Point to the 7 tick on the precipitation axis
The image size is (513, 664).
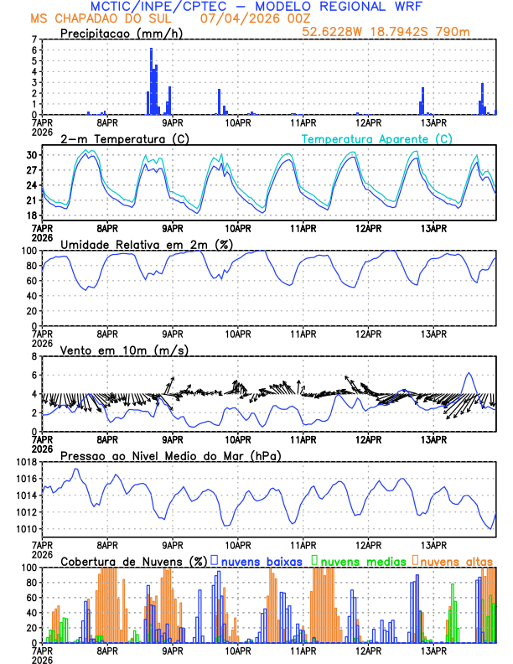click(x=33, y=39)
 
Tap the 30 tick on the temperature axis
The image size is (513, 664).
click(x=31, y=155)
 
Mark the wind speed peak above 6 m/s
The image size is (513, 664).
click(x=469, y=373)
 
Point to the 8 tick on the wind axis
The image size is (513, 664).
click(x=33, y=356)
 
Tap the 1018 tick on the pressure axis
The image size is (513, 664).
click(x=25, y=462)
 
